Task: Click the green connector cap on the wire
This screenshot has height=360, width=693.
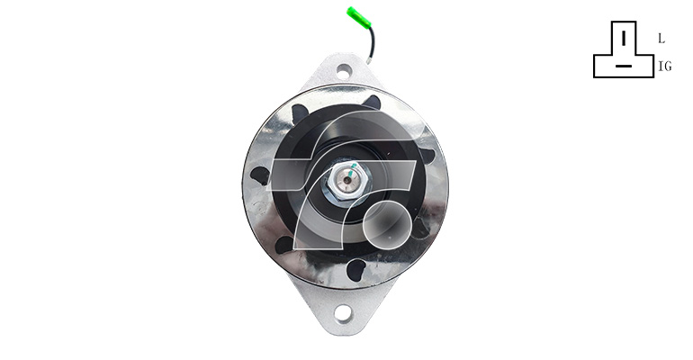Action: [x=358, y=18]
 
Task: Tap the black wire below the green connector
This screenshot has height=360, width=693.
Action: [x=372, y=42]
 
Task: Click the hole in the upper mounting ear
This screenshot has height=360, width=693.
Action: [x=344, y=71]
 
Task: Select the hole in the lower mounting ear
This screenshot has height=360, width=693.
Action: [x=343, y=312]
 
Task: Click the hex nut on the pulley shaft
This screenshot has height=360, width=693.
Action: [x=346, y=181]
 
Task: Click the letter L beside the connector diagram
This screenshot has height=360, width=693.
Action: [x=661, y=39]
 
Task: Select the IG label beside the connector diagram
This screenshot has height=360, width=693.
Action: [x=665, y=67]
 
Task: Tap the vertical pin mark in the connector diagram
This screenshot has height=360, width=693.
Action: [x=624, y=38]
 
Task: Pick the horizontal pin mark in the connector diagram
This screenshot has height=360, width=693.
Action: [x=623, y=67]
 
